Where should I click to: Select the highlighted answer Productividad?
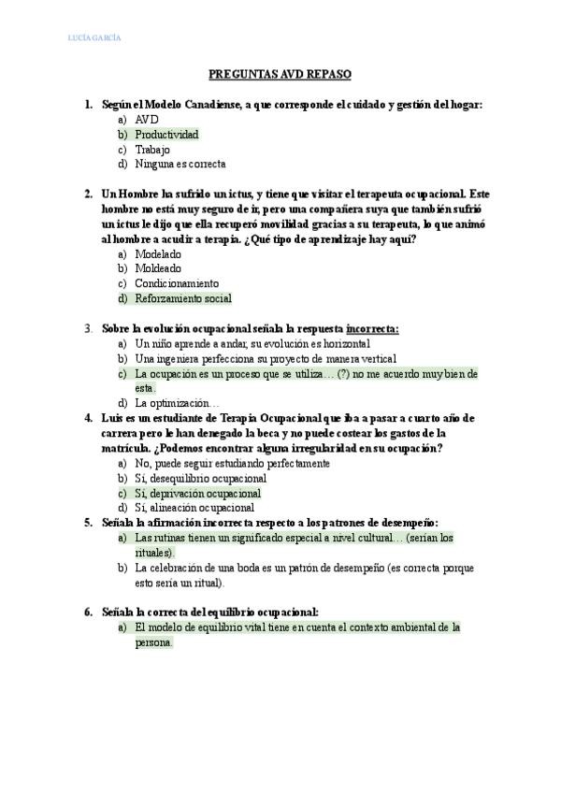(166, 135)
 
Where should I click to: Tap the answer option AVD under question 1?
(147, 121)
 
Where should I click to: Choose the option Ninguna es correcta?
(180, 164)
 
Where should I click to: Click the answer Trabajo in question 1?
(153, 150)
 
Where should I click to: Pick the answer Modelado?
(158, 254)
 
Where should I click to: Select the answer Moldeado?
(158, 268)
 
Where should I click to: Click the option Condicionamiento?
(177, 283)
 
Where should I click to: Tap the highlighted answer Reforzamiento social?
(182, 298)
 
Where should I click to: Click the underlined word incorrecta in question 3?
(372, 329)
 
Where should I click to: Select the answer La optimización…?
(177, 403)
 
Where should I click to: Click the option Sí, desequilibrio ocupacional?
(201, 478)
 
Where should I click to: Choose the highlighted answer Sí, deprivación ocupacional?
(197, 493)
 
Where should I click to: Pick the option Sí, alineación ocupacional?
(194, 508)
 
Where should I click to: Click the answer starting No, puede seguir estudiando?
(232, 463)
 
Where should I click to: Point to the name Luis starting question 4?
(112, 418)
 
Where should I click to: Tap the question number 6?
(87, 613)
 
